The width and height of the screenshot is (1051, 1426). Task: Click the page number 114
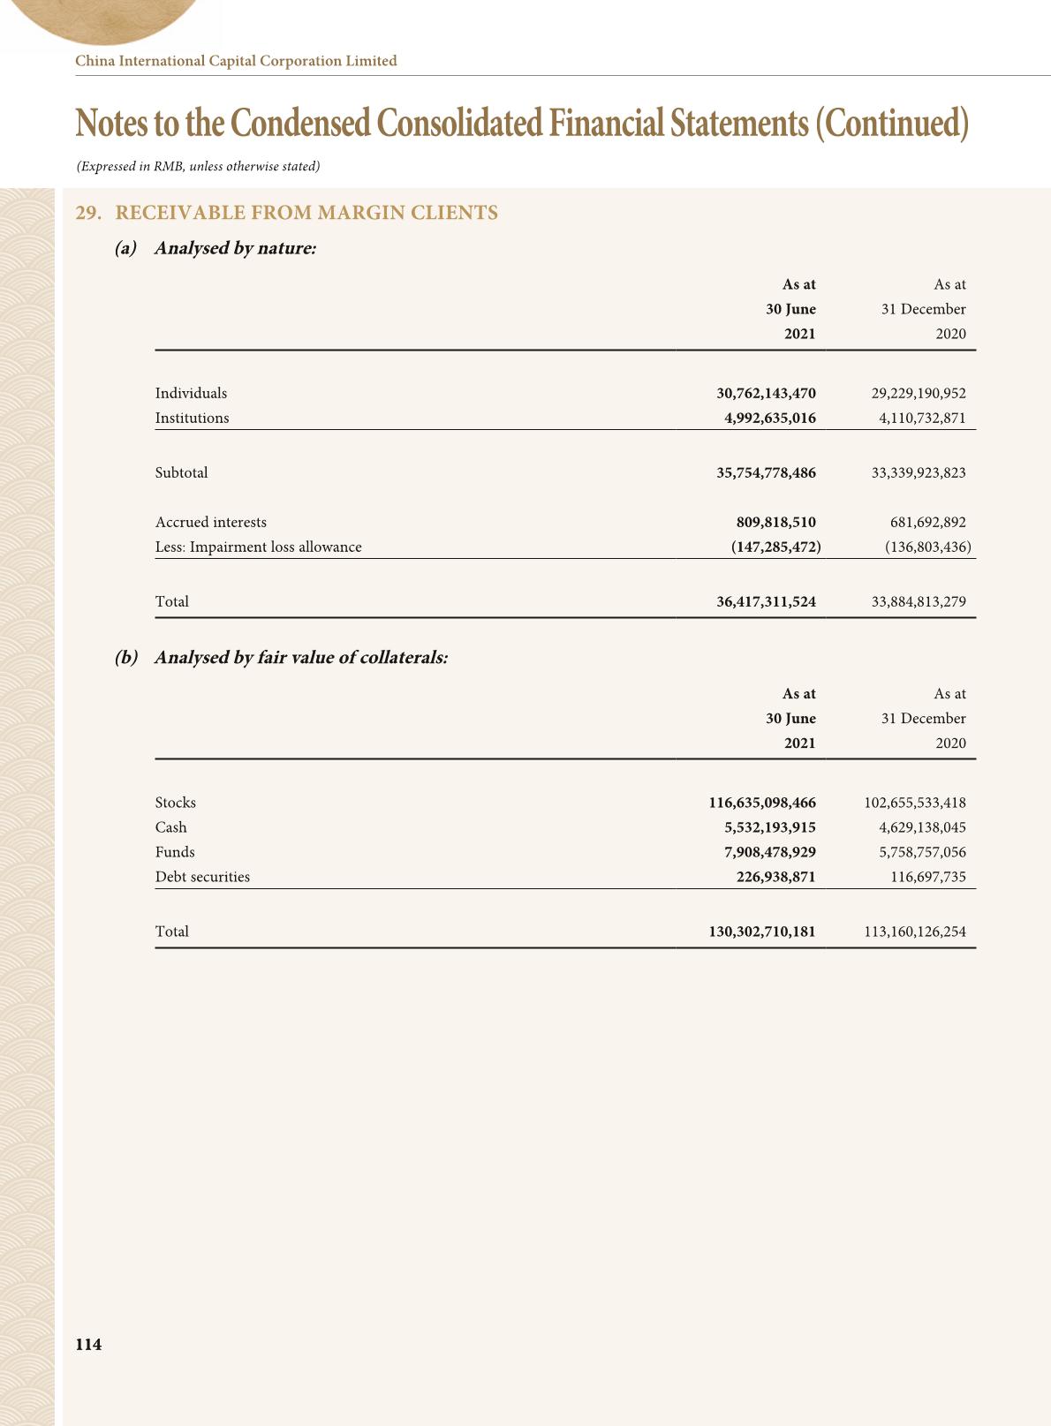coord(88,1344)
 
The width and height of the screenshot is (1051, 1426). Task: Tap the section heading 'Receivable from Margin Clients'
coord(306,213)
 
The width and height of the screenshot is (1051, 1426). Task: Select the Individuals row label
coord(191,393)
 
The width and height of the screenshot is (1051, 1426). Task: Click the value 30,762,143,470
coord(766,393)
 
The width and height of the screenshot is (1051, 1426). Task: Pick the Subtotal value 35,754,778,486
coord(766,472)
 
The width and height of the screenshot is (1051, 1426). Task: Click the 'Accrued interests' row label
coord(210,522)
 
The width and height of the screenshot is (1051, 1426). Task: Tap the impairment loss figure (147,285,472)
coord(775,547)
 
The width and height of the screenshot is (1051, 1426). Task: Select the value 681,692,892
coord(927,522)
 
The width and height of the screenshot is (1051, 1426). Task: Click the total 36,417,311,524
coord(766,601)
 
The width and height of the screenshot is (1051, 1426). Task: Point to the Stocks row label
coord(175,803)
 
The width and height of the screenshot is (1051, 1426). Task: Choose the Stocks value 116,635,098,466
coord(762,803)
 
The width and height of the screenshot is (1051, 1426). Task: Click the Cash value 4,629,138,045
coord(922,827)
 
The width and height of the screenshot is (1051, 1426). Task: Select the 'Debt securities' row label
coord(202,877)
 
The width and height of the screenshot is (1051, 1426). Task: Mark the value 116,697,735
coord(927,877)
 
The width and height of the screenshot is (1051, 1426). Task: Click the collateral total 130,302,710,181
coord(762,932)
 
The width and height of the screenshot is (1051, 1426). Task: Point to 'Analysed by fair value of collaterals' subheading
coord(300,658)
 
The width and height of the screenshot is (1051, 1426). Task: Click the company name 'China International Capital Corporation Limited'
coord(236,61)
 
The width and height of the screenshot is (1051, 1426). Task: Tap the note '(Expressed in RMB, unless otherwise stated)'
coord(198,166)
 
